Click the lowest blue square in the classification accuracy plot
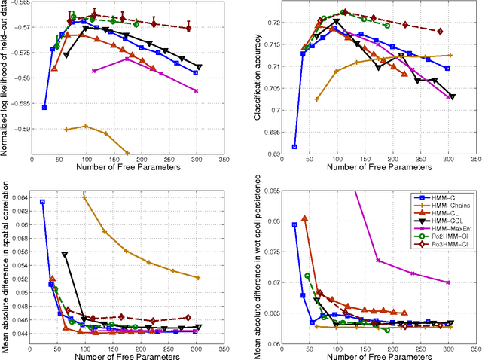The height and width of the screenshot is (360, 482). (294, 146)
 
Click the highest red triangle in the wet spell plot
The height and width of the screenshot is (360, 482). (304, 218)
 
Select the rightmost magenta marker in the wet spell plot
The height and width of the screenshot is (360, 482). (448, 282)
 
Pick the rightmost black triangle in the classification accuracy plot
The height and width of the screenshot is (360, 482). (452, 96)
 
